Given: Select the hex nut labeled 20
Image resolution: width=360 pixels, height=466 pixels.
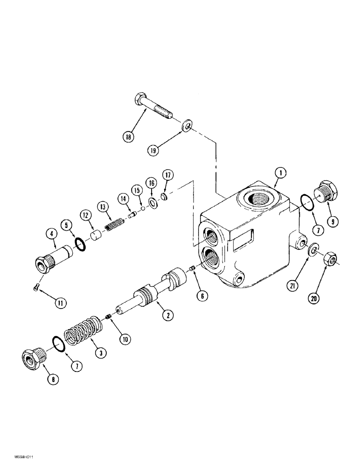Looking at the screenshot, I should (x=330, y=261).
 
